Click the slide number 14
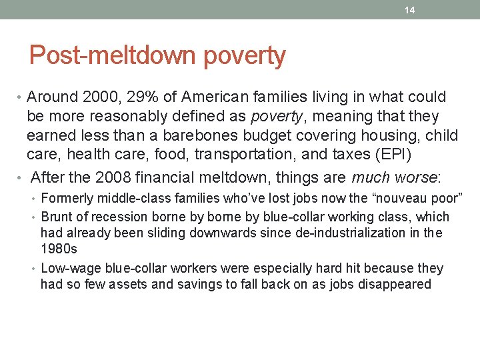410,10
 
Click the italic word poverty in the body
275,117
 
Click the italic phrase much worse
395,177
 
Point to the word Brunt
57,217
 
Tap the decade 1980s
59,249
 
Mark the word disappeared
397,285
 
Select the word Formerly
67,198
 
